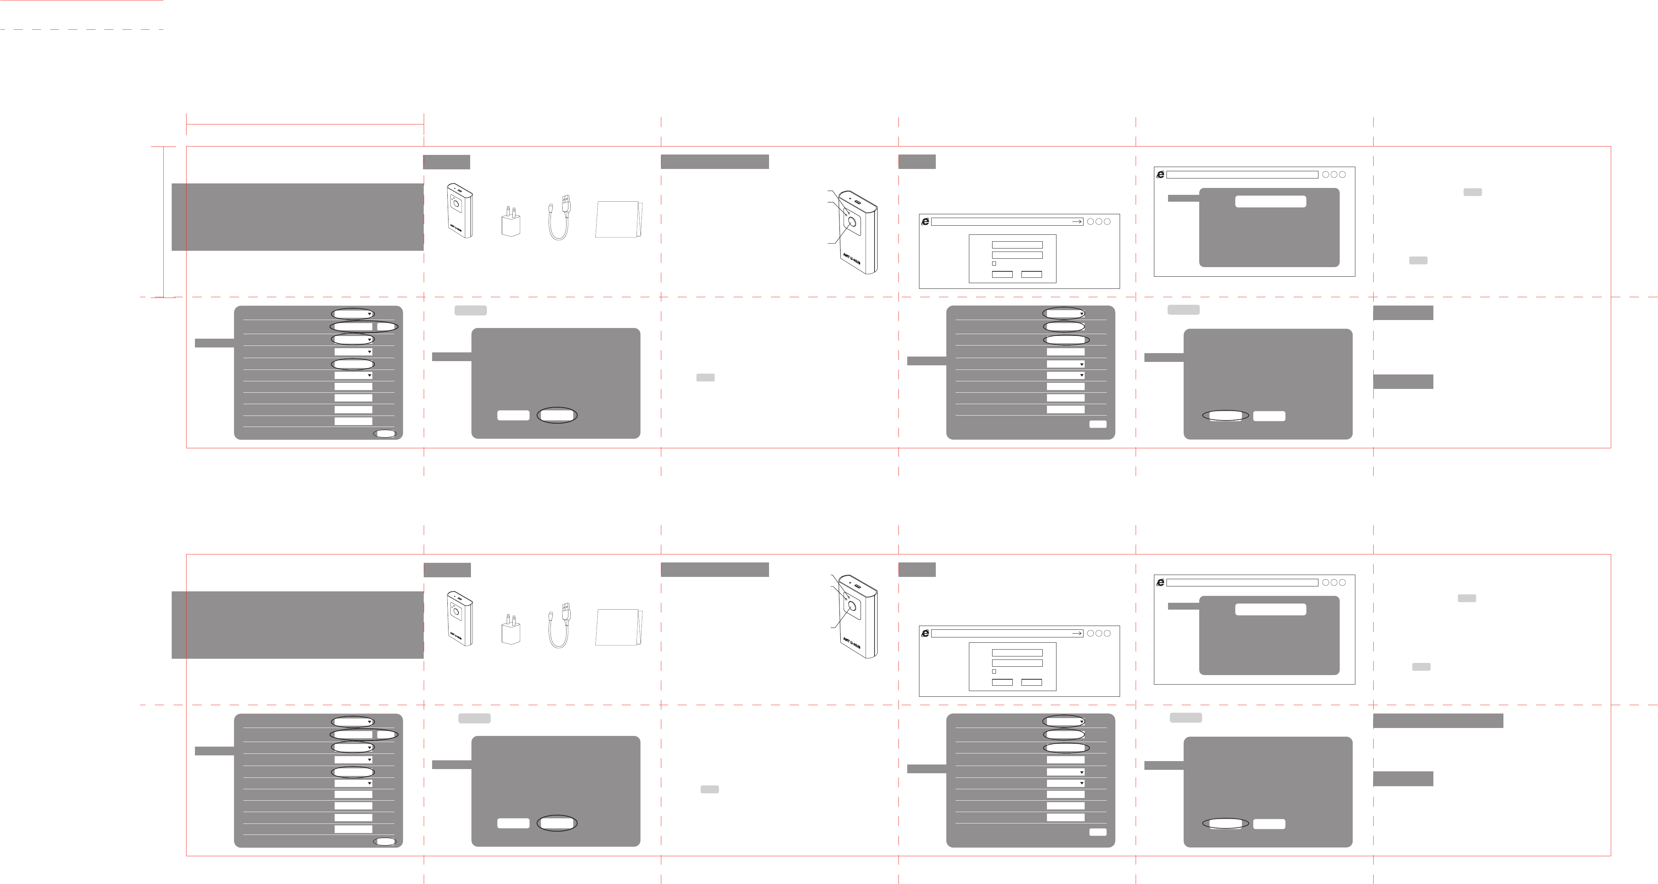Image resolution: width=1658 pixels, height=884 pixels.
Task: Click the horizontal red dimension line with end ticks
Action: point(305,124)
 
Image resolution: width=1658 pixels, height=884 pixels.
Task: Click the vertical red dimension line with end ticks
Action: point(164,222)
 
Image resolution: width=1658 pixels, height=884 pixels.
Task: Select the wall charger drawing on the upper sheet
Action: point(511,222)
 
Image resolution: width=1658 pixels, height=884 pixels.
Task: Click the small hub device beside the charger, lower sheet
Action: point(460,618)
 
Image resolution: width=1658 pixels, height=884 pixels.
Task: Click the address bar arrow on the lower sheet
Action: point(1077,634)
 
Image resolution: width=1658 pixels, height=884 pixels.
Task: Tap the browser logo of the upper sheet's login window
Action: point(925,221)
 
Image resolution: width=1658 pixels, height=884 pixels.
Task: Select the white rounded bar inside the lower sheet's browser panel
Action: point(1270,609)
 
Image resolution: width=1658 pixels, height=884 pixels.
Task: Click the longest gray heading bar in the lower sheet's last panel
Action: point(1438,721)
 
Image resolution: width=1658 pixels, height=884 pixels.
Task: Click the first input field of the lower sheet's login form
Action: point(1017,652)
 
